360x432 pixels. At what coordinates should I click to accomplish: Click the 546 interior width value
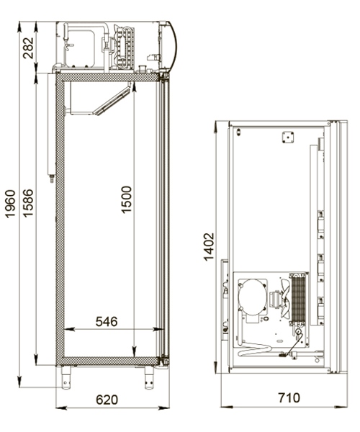point(106,321)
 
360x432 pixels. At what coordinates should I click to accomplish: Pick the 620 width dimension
point(109,397)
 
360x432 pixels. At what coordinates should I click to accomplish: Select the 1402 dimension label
point(209,247)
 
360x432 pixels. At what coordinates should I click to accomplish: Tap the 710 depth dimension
point(287,397)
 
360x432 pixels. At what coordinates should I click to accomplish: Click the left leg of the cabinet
point(67,375)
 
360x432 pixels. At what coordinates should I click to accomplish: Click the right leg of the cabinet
point(150,375)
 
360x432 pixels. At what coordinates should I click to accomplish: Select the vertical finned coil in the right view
point(299,299)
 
